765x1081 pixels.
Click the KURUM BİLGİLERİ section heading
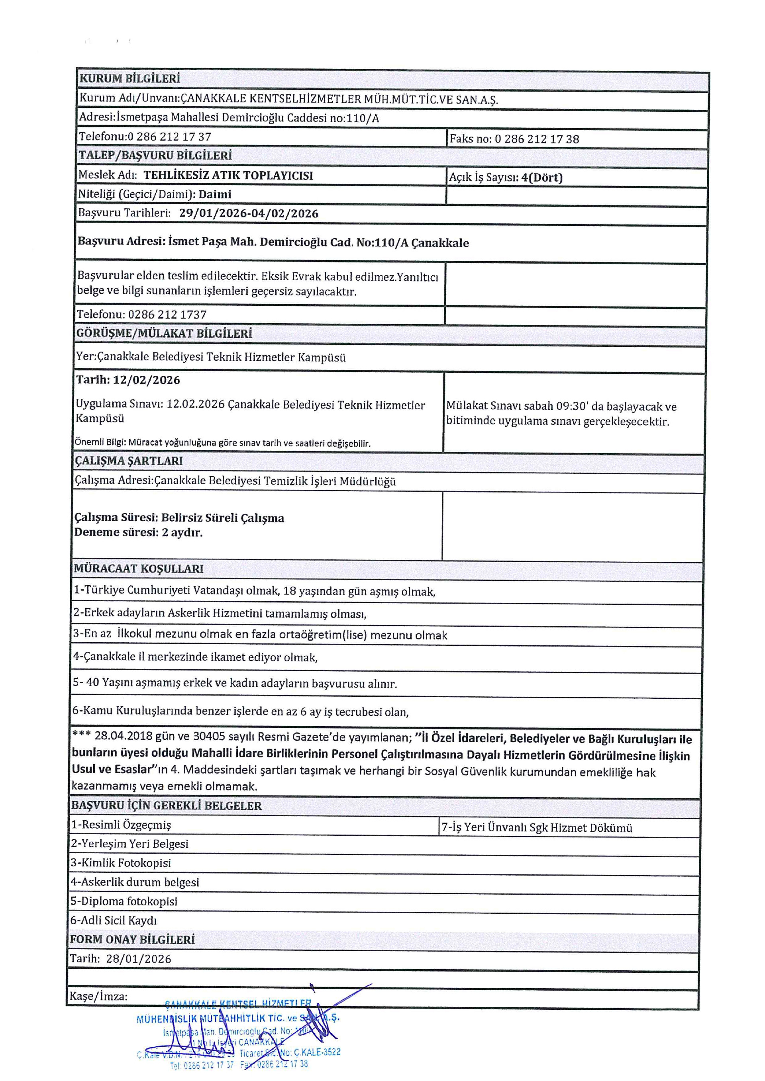click(x=129, y=78)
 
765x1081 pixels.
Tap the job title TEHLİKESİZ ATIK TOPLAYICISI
click(x=228, y=176)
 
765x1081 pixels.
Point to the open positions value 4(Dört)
click(x=542, y=178)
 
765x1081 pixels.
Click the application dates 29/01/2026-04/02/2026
click(x=249, y=213)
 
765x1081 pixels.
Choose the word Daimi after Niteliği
click(x=215, y=194)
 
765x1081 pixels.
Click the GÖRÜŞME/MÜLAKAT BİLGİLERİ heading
click(x=164, y=334)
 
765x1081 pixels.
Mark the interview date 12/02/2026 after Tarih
click(x=147, y=380)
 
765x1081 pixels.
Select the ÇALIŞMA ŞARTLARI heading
click(x=129, y=461)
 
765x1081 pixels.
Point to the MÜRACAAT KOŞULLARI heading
click(x=139, y=569)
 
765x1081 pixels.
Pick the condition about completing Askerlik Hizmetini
click(x=220, y=614)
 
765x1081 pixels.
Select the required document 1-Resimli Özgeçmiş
click(x=121, y=825)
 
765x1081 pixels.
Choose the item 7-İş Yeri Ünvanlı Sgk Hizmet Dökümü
click(x=537, y=828)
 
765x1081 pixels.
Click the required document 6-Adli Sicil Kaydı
click(x=114, y=921)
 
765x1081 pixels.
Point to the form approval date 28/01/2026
click(x=139, y=959)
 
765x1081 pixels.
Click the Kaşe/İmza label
click(x=98, y=996)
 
